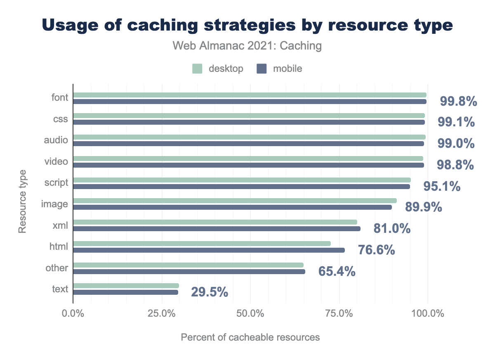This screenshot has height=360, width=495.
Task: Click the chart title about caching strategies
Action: pyautogui.click(x=247, y=26)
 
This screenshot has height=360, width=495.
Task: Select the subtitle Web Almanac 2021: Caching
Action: pyautogui.click(x=247, y=46)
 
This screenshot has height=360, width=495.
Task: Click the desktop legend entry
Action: pyautogui.click(x=218, y=69)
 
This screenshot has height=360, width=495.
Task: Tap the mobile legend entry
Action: pyautogui.click(x=280, y=69)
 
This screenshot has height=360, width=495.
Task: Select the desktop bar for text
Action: pyautogui.click(x=126, y=286)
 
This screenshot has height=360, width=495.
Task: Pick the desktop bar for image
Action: pyautogui.click(x=235, y=201)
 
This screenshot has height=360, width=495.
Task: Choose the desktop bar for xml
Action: pyautogui.click(x=215, y=222)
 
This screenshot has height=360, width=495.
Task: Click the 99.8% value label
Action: pyautogui.click(x=458, y=101)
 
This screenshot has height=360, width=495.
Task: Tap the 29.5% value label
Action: pyautogui.click(x=210, y=292)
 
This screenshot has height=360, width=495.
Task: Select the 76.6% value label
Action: pyautogui.click(x=377, y=250)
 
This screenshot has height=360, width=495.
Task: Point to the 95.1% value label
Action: pyautogui.click(x=442, y=186)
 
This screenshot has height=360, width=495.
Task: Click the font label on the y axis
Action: pyautogui.click(x=60, y=97)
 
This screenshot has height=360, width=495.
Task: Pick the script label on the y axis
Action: pyautogui.click(x=57, y=182)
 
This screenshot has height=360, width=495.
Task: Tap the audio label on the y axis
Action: pyautogui.click(x=57, y=140)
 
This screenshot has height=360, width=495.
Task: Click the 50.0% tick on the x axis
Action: pyautogui.click(x=250, y=313)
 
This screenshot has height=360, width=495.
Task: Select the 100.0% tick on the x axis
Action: pyautogui.click(x=427, y=313)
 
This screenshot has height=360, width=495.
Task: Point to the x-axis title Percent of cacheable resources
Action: pyautogui.click(x=250, y=337)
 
